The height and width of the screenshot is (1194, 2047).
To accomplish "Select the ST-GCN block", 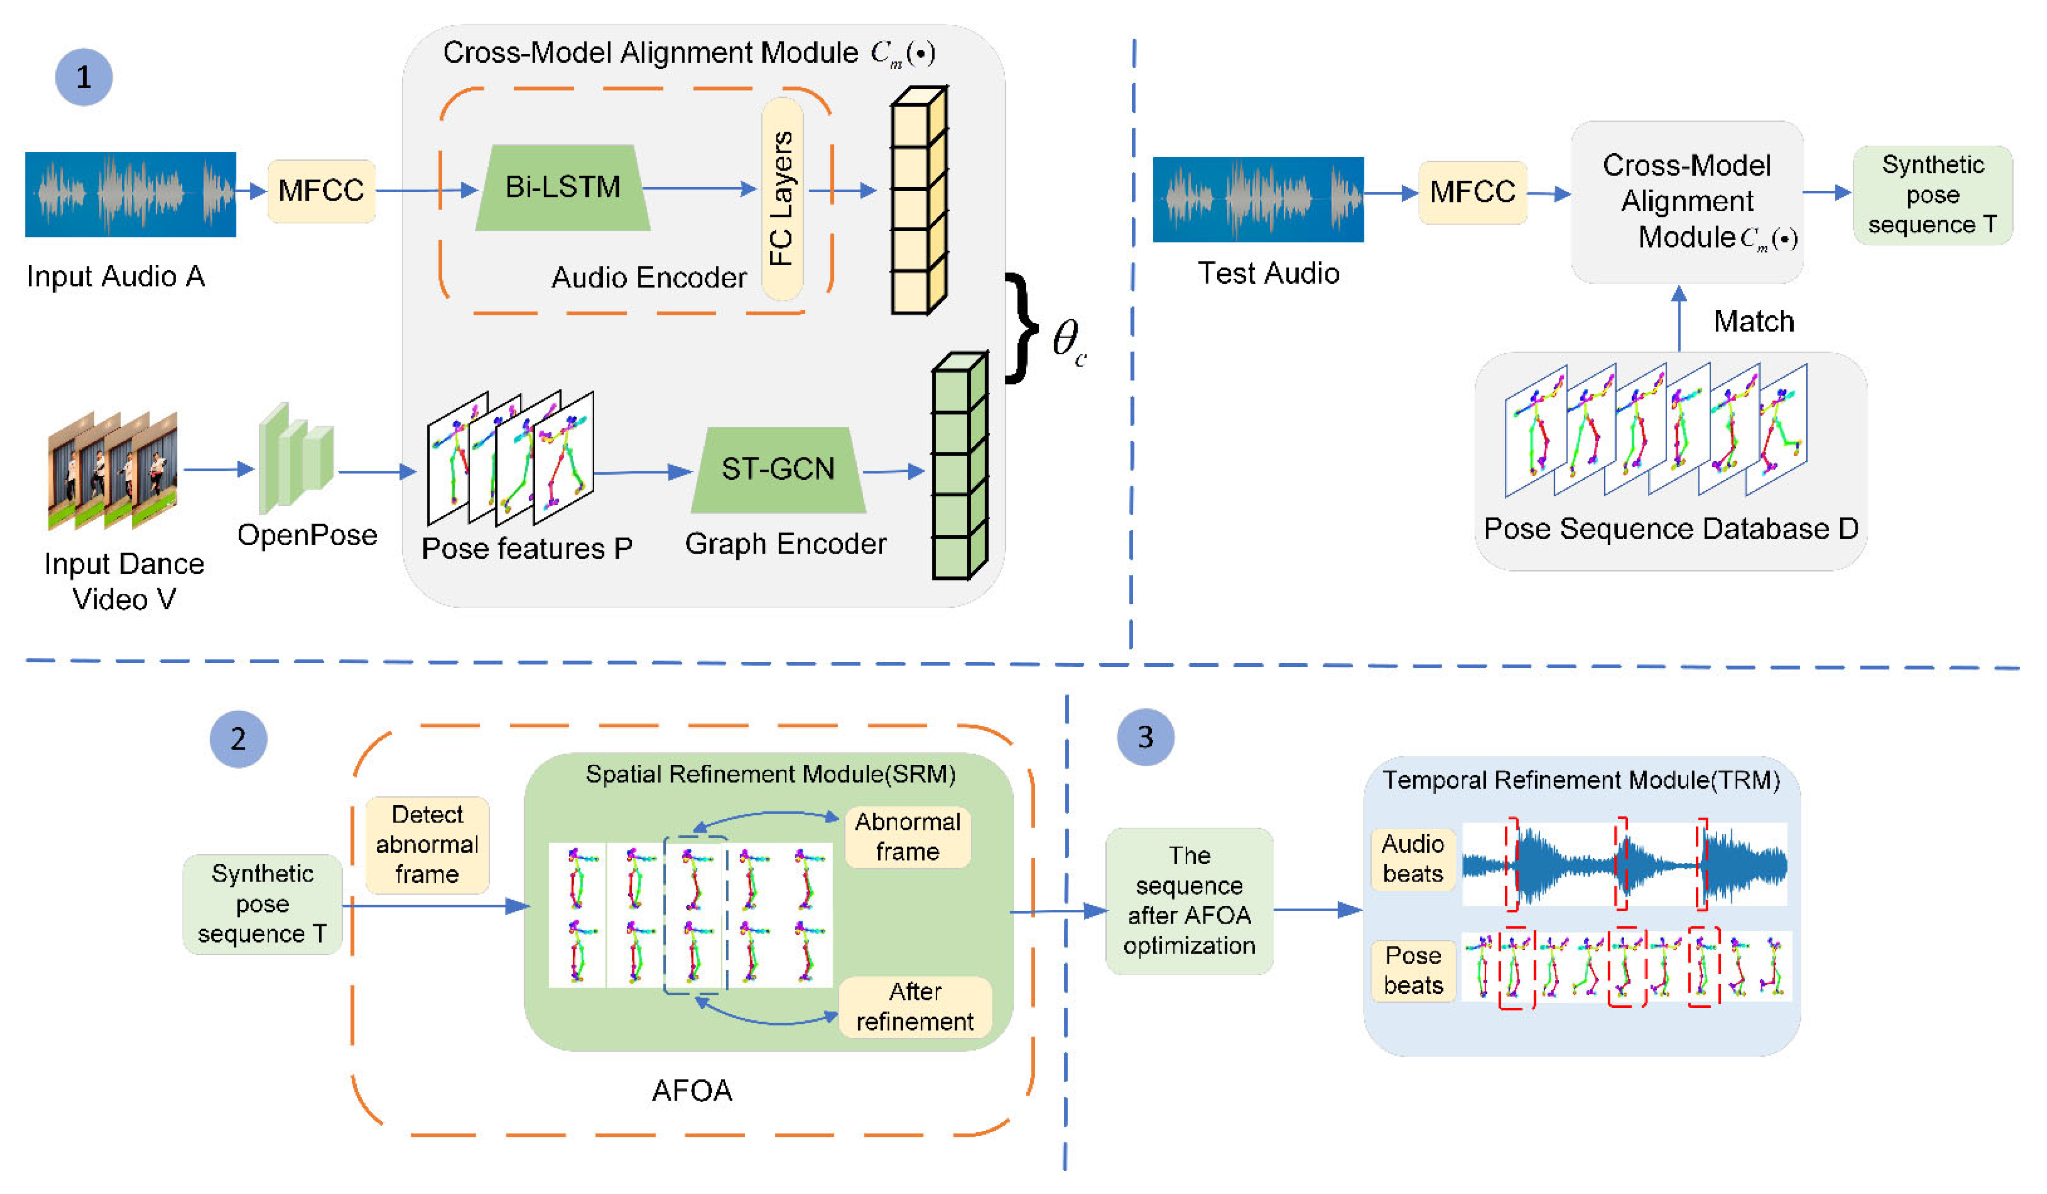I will click(777, 470).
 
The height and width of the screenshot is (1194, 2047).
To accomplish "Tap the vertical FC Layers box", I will click(781, 199).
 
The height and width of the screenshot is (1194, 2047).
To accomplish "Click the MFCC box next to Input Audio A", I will click(321, 191).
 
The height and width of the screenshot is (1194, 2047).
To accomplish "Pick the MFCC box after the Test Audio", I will click(1472, 193).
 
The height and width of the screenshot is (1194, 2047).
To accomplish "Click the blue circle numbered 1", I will click(84, 77).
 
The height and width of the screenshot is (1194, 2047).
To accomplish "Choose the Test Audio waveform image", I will click(1258, 199).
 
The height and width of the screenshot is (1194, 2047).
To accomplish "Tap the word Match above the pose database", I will click(1753, 322).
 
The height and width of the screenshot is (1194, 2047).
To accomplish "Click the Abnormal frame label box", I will click(907, 836).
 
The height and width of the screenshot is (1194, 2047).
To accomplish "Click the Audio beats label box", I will click(1412, 859).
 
